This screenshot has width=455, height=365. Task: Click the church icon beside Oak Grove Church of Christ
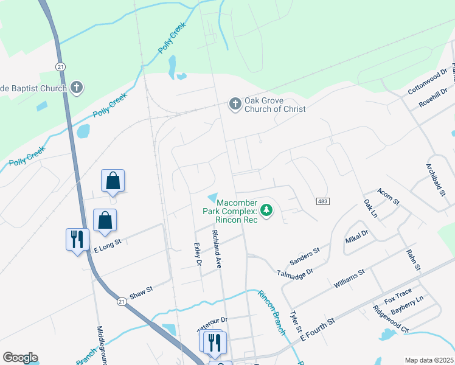[235, 105]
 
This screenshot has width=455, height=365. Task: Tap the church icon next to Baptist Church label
[77, 88]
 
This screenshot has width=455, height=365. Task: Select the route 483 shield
[322, 201]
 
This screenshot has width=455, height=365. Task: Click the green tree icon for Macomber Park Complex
[266, 211]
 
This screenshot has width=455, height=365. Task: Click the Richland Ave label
[215, 249]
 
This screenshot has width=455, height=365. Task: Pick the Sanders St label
[305, 256]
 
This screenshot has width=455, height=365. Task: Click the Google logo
[20, 358]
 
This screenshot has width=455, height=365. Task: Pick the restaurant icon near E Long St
[77, 239]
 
